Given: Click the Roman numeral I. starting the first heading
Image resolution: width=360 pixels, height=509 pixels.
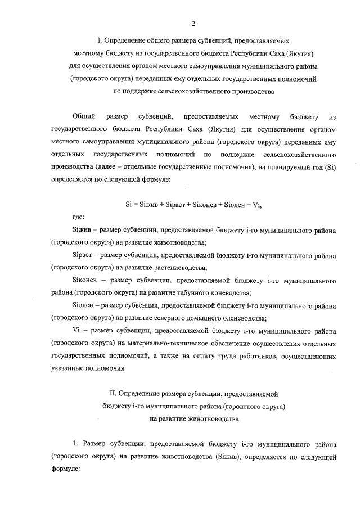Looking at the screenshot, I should click(x=100, y=42).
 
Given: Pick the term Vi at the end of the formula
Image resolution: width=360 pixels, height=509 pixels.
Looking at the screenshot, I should click(x=257, y=205).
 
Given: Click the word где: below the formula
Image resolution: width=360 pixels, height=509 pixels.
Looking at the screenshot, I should click(x=80, y=218).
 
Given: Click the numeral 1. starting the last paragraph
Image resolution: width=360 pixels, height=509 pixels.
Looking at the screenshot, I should click(x=77, y=444).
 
